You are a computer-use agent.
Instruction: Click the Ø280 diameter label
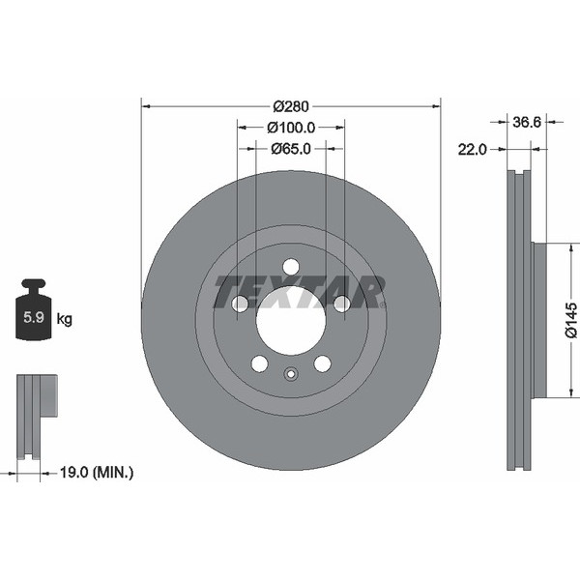291,106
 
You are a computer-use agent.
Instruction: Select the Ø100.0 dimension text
291,128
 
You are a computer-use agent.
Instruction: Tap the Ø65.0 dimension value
291,149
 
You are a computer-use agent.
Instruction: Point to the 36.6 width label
527,122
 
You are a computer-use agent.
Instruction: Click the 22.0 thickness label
472,150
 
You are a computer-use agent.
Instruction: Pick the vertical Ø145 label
570,320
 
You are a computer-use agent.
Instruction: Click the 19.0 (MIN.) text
96,473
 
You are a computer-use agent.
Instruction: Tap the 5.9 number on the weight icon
34,317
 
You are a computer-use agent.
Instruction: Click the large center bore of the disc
291,320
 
